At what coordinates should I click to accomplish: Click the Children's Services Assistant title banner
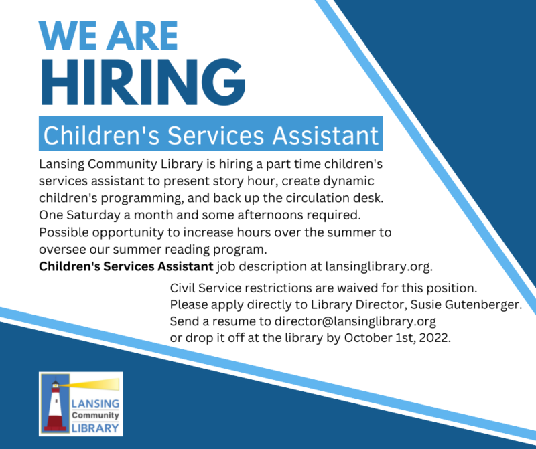210,135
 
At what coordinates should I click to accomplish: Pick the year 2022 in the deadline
436,338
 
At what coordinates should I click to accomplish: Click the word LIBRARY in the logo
94,428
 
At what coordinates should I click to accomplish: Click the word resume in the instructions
230,321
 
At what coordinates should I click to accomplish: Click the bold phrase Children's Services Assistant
126,266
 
